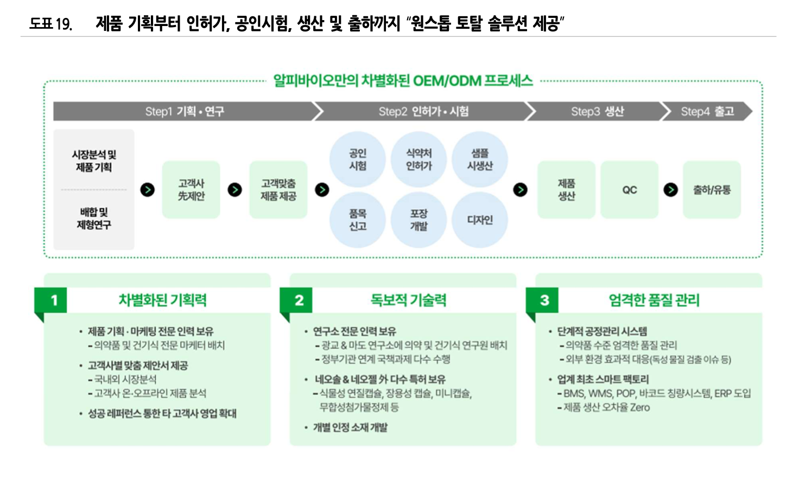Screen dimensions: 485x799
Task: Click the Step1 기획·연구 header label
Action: click(x=185, y=111)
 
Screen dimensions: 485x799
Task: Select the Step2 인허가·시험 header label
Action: click(x=423, y=111)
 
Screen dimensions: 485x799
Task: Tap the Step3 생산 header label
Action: click(x=597, y=111)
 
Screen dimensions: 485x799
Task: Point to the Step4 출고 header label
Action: click(x=707, y=111)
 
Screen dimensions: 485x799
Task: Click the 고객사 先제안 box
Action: click(x=191, y=190)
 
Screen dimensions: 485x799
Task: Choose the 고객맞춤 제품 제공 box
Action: click(x=278, y=190)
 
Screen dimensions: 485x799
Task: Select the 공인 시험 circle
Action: click(x=358, y=159)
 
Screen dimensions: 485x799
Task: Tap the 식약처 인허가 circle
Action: click(x=418, y=159)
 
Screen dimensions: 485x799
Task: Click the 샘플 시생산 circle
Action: click(x=480, y=159)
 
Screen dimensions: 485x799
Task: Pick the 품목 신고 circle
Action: click(x=358, y=220)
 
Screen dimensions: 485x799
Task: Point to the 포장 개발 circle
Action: click(x=418, y=220)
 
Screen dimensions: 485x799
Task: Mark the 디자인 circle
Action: click(x=480, y=220)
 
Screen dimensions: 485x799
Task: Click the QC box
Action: click(x=630, y=190)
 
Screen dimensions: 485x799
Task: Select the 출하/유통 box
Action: click(x=712, y=190)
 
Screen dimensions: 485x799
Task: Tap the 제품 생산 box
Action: click(x=566, y=190)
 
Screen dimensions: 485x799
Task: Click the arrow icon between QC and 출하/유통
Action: click(x=671, y=190)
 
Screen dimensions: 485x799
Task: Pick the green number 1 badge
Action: click(x=54, y=300)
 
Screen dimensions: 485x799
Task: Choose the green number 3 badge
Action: click(x=544, y=300)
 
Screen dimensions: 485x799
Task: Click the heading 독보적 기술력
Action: click(x=408, y=300)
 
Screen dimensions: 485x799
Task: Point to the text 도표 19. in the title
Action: click(x=50, y=24)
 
